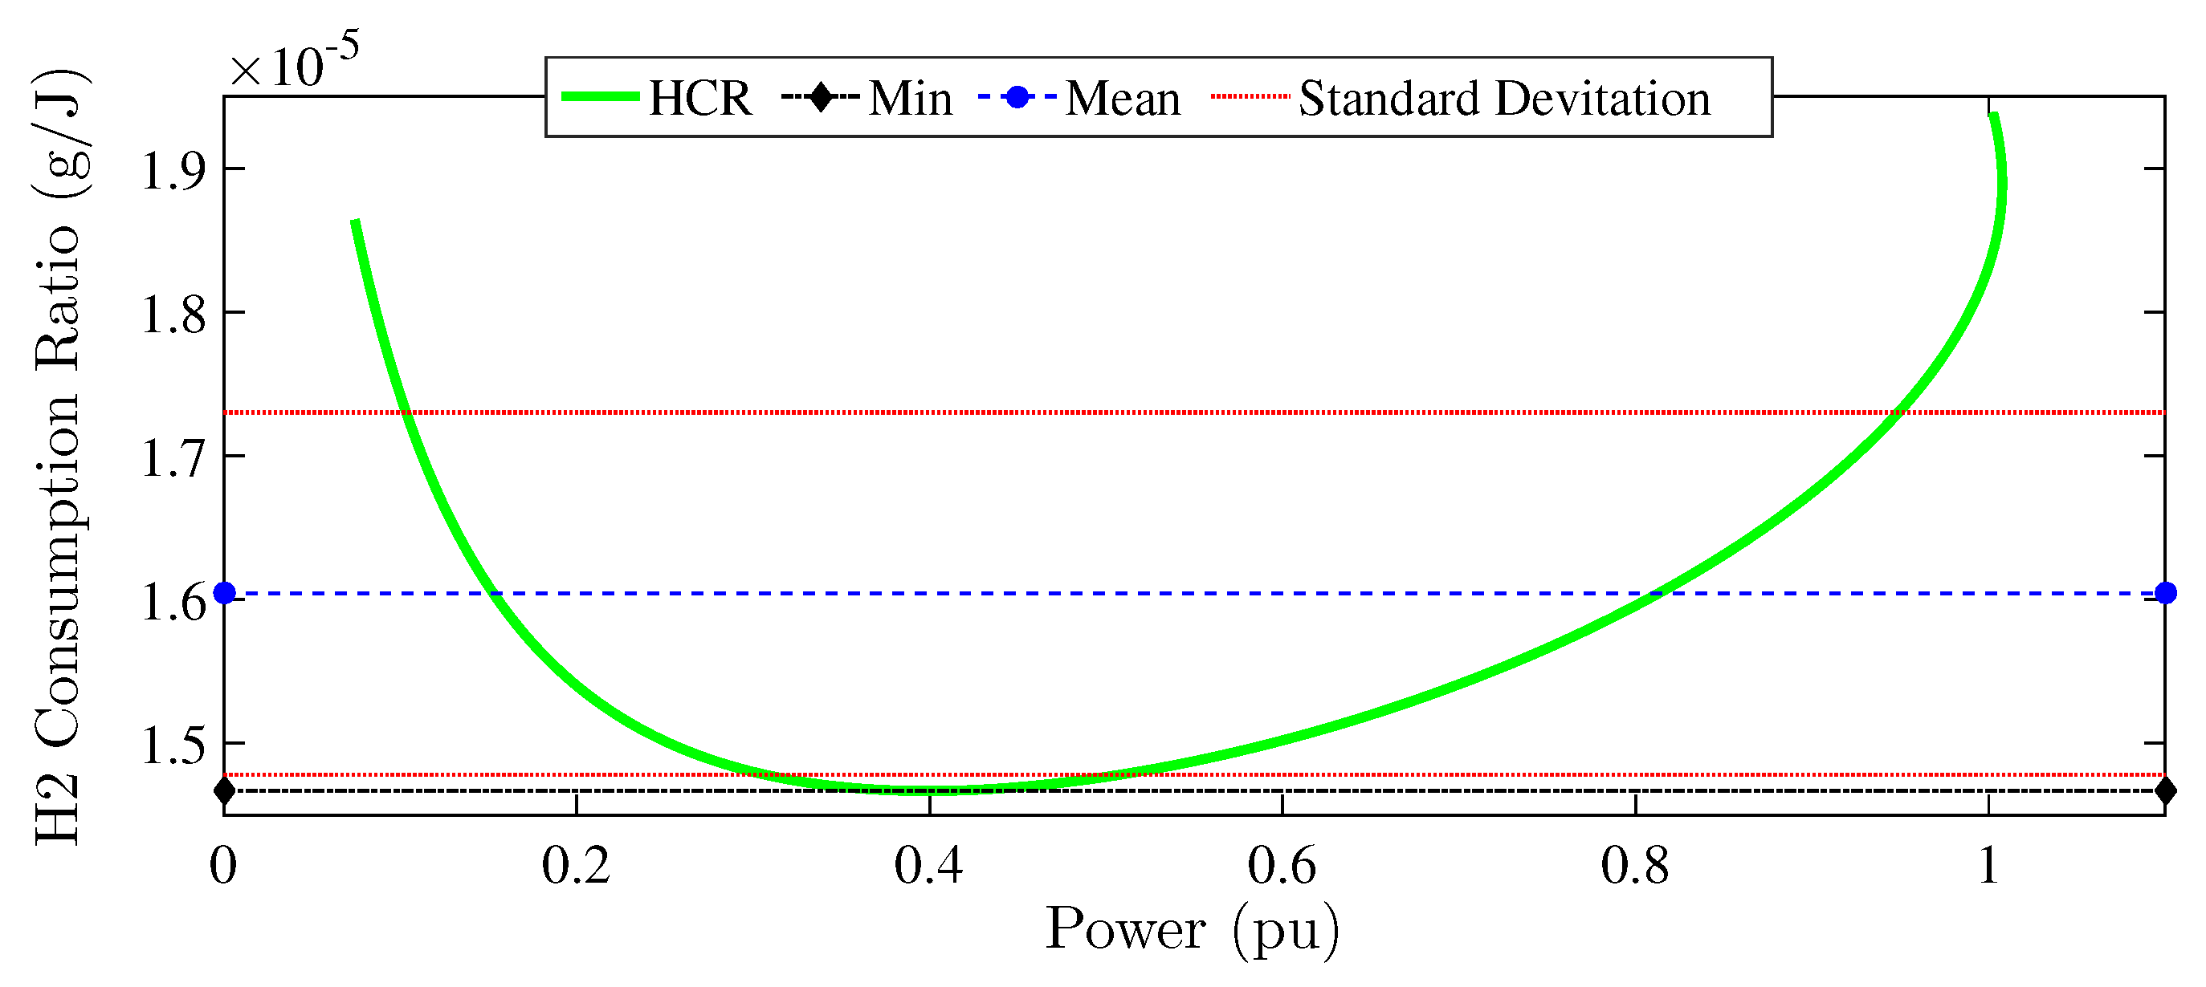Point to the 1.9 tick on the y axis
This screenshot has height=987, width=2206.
(173, 170)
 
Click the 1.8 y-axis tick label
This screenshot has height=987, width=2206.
(173, 315)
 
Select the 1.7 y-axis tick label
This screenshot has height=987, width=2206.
(173, 458)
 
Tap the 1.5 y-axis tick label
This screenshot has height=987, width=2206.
(173, 745)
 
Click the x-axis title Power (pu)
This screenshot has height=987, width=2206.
(1192, 930)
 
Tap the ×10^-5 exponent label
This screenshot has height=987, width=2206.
(294, 62)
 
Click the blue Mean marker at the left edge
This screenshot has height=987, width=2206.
(224, 593)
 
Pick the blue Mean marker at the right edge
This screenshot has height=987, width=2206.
(2166, 593)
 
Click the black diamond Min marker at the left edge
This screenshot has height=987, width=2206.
(224, 790)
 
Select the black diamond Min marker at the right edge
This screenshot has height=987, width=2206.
(2166, 790)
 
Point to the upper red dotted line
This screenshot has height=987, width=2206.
(1113, 412)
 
